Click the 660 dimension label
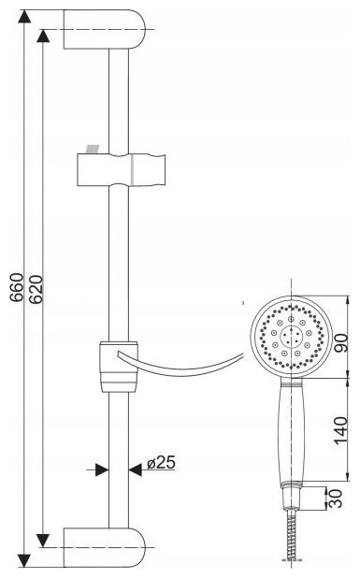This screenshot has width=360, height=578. [17, 288]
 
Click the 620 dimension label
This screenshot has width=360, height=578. [36, 289]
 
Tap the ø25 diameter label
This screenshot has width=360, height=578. [161, 463]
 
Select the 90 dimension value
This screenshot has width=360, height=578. [341, 343]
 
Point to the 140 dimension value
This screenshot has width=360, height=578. [341, 430]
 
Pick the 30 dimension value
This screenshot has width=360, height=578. [335, 499]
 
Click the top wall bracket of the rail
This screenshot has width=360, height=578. [105, 29]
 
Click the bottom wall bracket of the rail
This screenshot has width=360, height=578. [105, 547]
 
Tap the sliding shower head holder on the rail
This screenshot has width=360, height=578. [122, 169]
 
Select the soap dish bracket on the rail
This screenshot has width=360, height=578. [119, 367]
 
